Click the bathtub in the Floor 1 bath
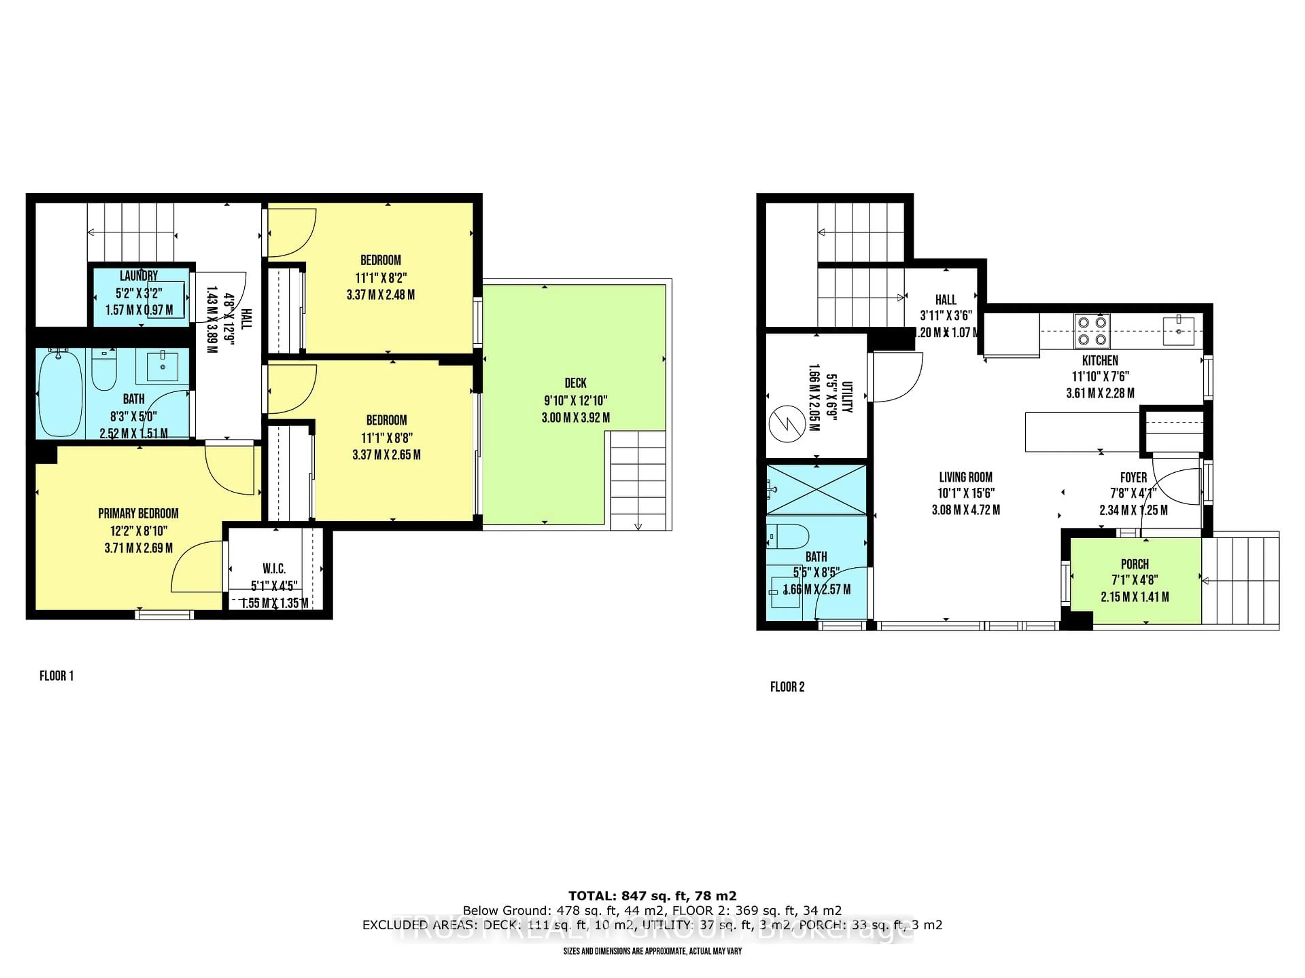click(x=59, y=393)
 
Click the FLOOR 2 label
click(x=787, y=687)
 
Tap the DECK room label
click(x=575, y=383)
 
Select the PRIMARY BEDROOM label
click(x=138, y=513)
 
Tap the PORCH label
click(x=1134, y=564)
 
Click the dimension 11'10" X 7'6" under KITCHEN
click(x=1100, y=377)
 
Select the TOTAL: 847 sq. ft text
click(x=652, y=896)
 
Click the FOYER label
click(x=1133, y=477)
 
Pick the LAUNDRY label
click(x=139, y=276)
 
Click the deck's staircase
click(x=637, y=481)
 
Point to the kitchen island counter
click(x=1081, y=432)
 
